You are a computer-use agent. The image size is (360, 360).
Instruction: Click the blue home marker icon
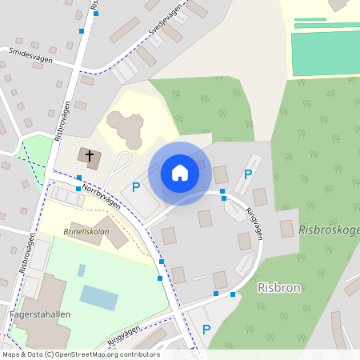(x=179, y=172)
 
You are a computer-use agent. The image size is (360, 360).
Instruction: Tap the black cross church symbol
(x=90, y=157)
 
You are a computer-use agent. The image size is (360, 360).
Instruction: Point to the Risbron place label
(x=278, y=286)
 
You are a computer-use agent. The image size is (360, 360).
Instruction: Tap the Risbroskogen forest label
(x=328, y=230)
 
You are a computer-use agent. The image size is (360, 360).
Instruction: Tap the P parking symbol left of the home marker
(x=136, y=186)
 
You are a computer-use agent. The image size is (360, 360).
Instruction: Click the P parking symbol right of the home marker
(x=248, y=174)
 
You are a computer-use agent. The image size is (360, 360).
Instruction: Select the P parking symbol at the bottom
(x=206, y=329)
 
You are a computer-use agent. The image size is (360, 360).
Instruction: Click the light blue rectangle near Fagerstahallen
(x=98, y=298)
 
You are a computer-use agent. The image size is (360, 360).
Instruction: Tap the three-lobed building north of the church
(x=123, y=126)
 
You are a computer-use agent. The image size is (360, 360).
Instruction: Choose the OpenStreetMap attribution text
(x=80, y=354)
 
